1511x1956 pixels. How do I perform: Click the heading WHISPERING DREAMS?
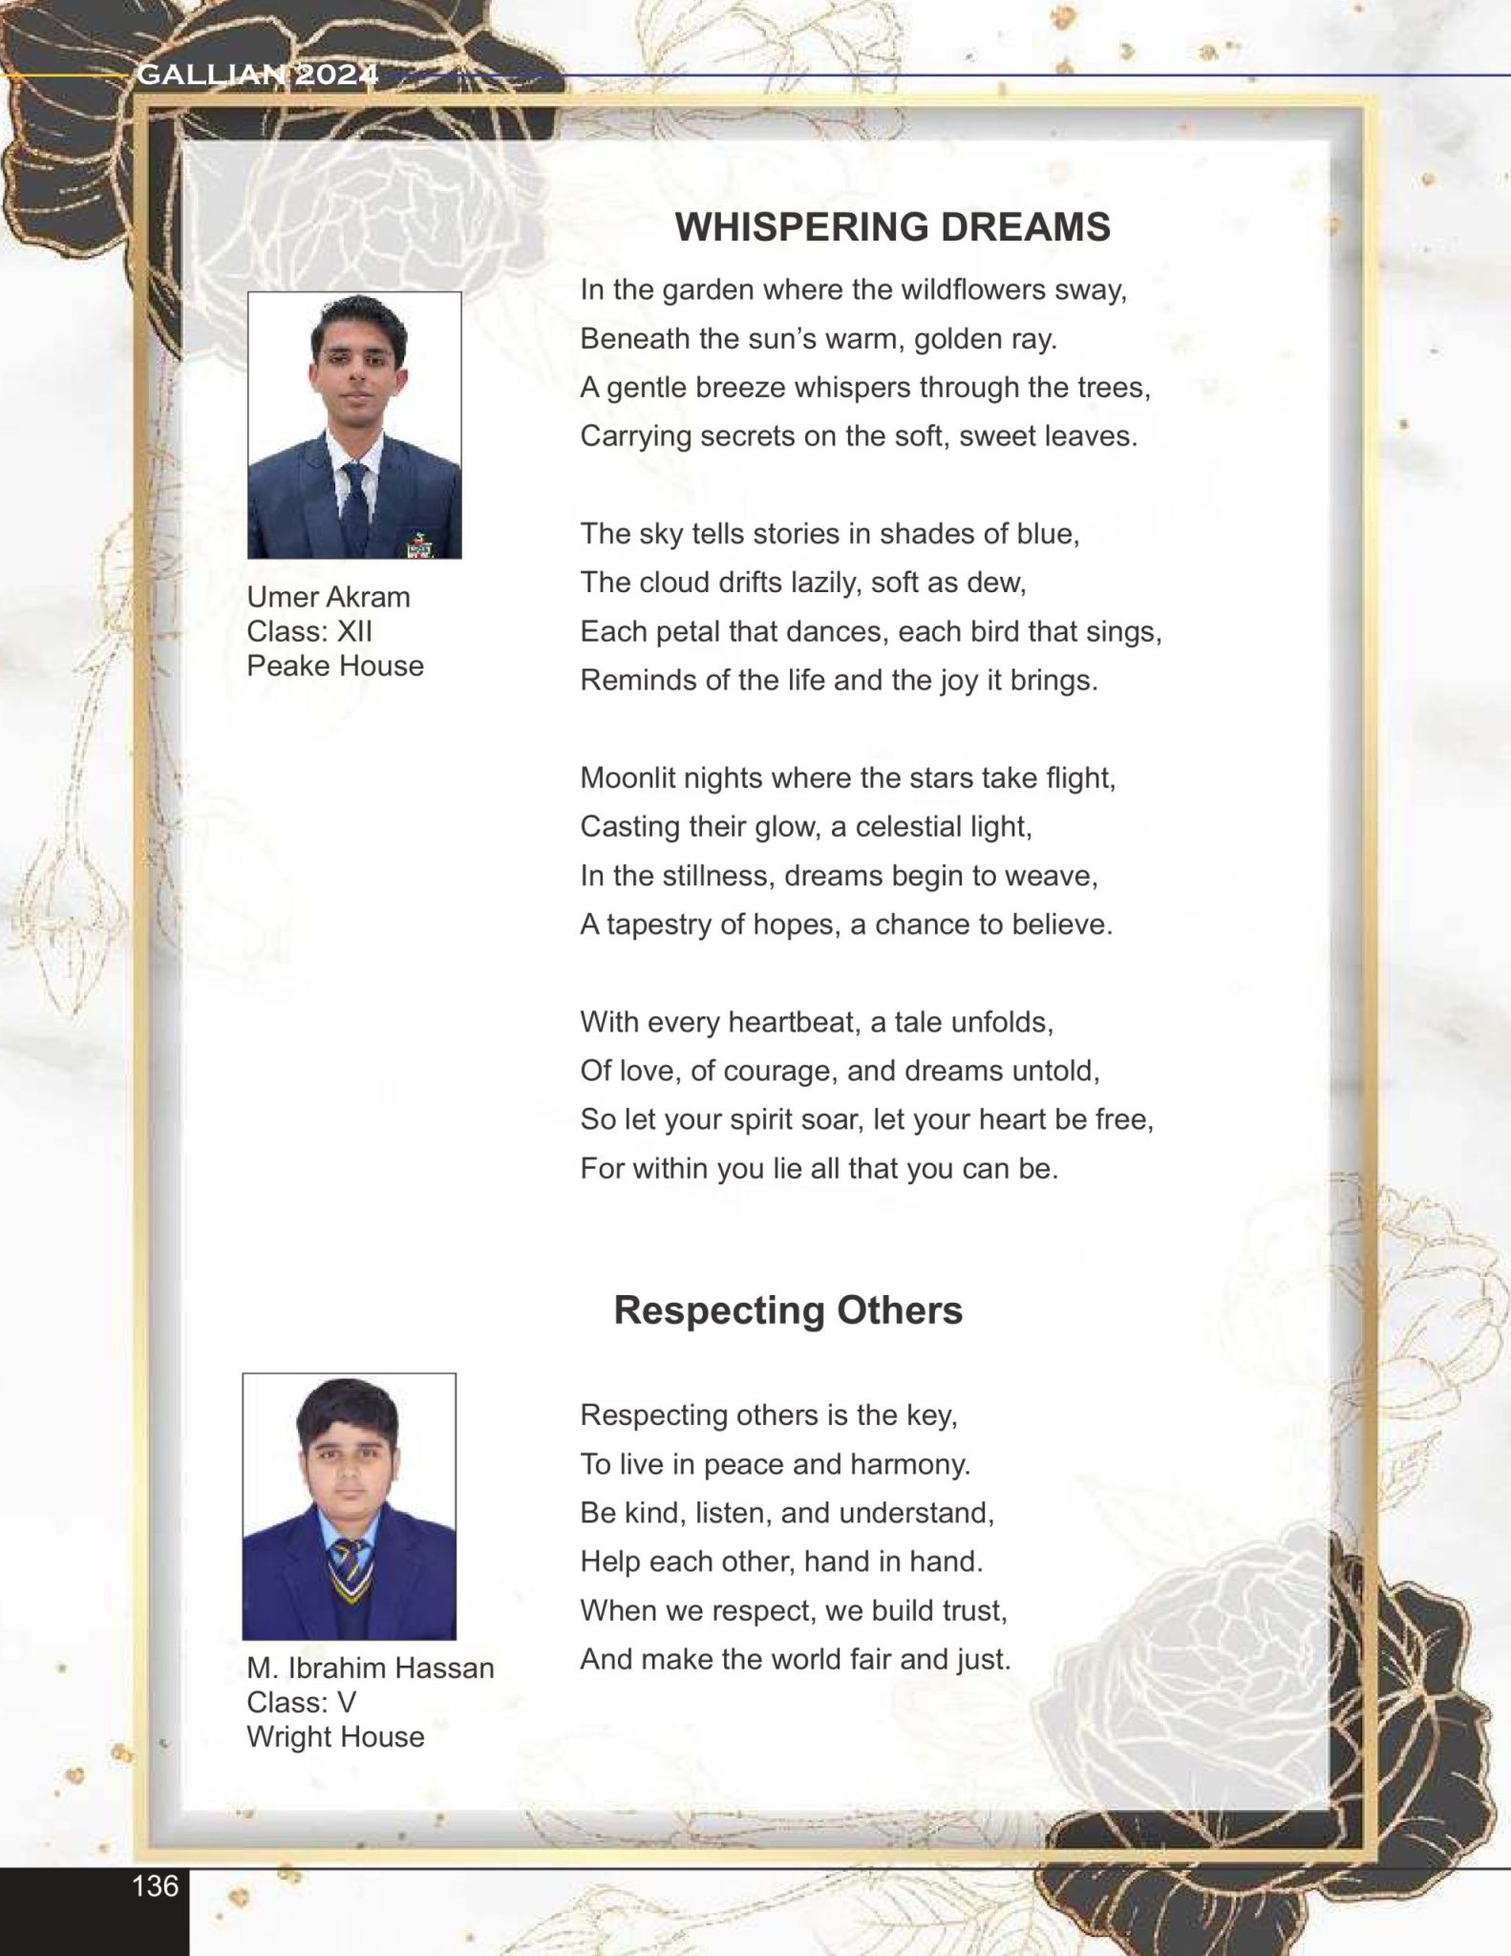tap(892, 227)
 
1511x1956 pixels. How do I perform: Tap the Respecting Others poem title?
tap(788, 1309)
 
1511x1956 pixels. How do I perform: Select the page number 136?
tap(156, 1885)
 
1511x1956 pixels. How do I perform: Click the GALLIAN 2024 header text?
tap(258, 74)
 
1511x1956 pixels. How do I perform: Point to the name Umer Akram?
tap(329, 597)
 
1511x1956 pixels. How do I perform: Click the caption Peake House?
tap(335, 666)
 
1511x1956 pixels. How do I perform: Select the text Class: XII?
tap(309, 631)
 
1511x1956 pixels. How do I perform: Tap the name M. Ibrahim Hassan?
tap(371, 1668)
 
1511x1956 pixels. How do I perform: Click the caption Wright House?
tap(335, 1736)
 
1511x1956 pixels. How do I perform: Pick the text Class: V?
tap(301, 1702)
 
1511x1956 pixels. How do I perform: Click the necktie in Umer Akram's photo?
tap(355, 506)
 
